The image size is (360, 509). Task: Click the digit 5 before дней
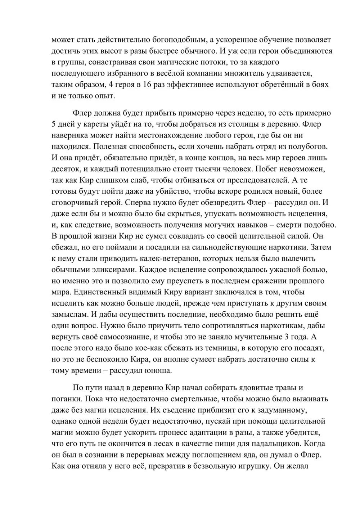click(x=54, y=125)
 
